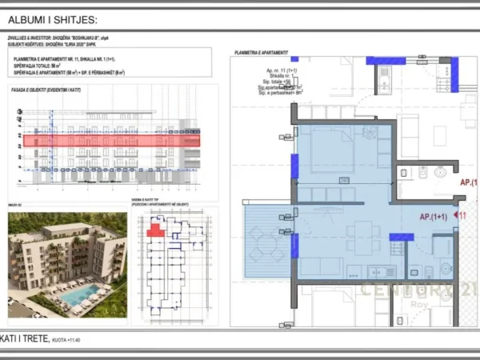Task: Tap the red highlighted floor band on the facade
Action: (111, 141)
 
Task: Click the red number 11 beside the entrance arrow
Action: (462, 215)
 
